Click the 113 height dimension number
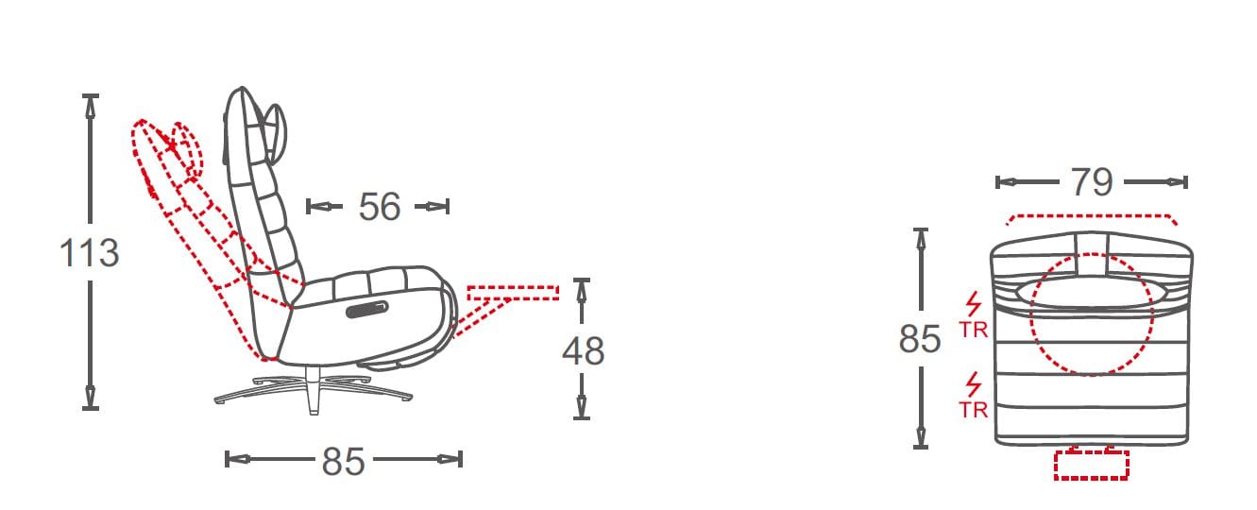point(89,252)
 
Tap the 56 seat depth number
point(380,207)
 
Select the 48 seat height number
point(583,351)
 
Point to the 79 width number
point(1092,181)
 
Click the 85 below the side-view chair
point(344,461)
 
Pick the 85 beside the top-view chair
point(920,339)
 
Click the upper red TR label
point(973,330)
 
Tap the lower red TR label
point(973,410)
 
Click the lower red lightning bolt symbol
point(974,385)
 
